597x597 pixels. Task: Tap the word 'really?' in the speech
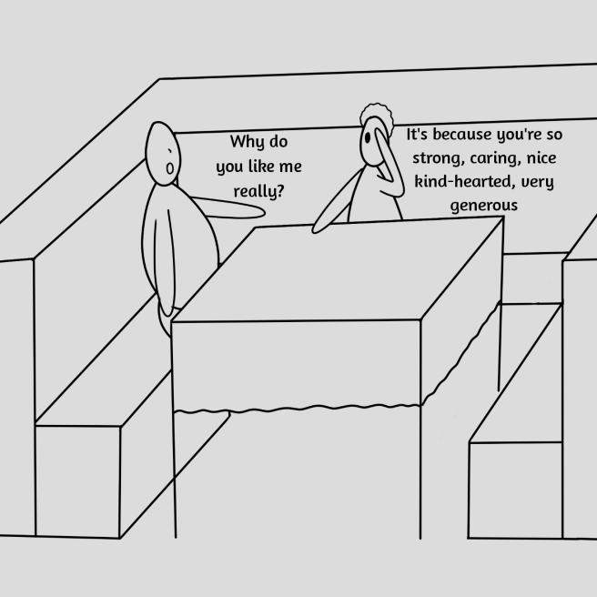point(258,191)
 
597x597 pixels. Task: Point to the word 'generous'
point(483,206)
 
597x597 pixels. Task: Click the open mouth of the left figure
point(170,167)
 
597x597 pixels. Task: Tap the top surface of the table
point(337,268)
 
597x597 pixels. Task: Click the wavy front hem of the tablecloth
point(300,406)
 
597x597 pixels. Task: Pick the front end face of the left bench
point(77,480)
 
